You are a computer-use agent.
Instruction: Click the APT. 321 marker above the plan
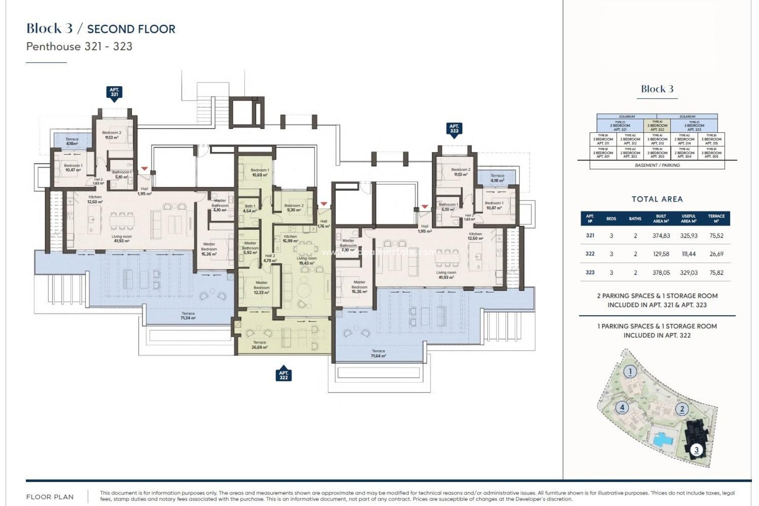[x=114, y=93]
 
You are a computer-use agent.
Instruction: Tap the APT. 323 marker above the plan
[x=454, y=129]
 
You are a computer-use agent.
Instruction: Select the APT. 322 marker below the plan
[x=283, y=375]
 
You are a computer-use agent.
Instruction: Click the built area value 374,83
[x=661, y=236]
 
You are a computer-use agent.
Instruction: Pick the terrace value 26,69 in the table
[x=716, y=254]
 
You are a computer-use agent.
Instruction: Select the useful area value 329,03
[x=689, y=272]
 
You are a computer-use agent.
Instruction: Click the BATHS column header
[x=635, y=219]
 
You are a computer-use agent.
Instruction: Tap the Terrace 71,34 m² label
[x=188, y=315]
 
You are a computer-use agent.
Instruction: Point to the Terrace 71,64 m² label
[x=378, y=353]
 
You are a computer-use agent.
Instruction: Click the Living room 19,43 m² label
[x=306, y=261]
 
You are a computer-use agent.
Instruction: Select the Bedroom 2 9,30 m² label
[x=294, y=208]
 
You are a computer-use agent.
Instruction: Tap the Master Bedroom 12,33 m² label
[x=261, y=287]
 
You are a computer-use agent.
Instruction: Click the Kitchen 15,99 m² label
[x=290, y=239]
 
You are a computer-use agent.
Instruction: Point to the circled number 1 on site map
[x=630, y=372]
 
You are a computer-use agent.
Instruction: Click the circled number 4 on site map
[x=622, y=407]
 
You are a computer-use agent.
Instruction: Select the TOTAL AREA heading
[x=657, y=199]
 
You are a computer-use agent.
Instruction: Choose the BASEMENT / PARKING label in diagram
[x=657, y=165]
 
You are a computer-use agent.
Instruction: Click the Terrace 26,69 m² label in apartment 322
[x=259, y=345]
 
